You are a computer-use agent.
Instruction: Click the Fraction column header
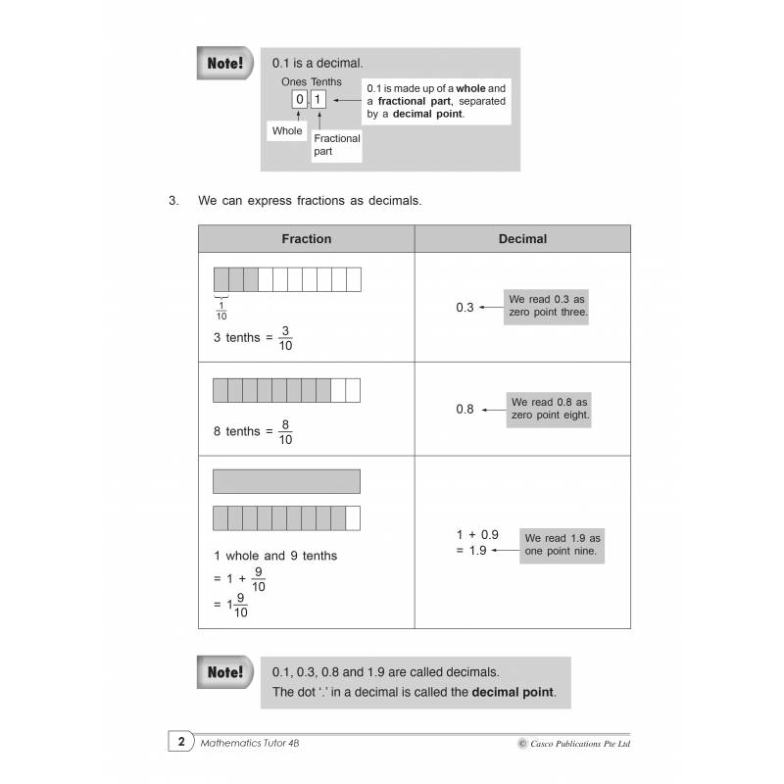point(306,239)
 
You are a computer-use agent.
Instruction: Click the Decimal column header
point(522,239)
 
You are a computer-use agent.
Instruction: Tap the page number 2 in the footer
point(179,744)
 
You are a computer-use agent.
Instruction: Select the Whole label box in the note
point(288,131)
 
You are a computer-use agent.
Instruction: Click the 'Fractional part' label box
point(337,145)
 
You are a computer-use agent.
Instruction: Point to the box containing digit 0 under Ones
point(299,99)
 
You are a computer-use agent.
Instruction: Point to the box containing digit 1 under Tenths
point(318,99)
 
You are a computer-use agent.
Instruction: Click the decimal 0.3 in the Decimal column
point(465,308)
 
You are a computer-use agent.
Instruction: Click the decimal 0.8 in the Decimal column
point(465,409)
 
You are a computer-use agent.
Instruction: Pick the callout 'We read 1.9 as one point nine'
point(563,545)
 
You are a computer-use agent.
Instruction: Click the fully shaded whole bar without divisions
point(286,481)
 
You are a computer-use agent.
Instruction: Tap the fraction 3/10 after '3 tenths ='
point(285,338)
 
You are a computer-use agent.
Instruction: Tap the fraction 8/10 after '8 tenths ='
point(285,432)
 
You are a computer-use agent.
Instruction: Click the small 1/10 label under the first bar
point(220,310)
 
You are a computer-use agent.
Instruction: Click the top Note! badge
point(224,64)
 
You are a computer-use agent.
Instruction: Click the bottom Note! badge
point(224,673)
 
